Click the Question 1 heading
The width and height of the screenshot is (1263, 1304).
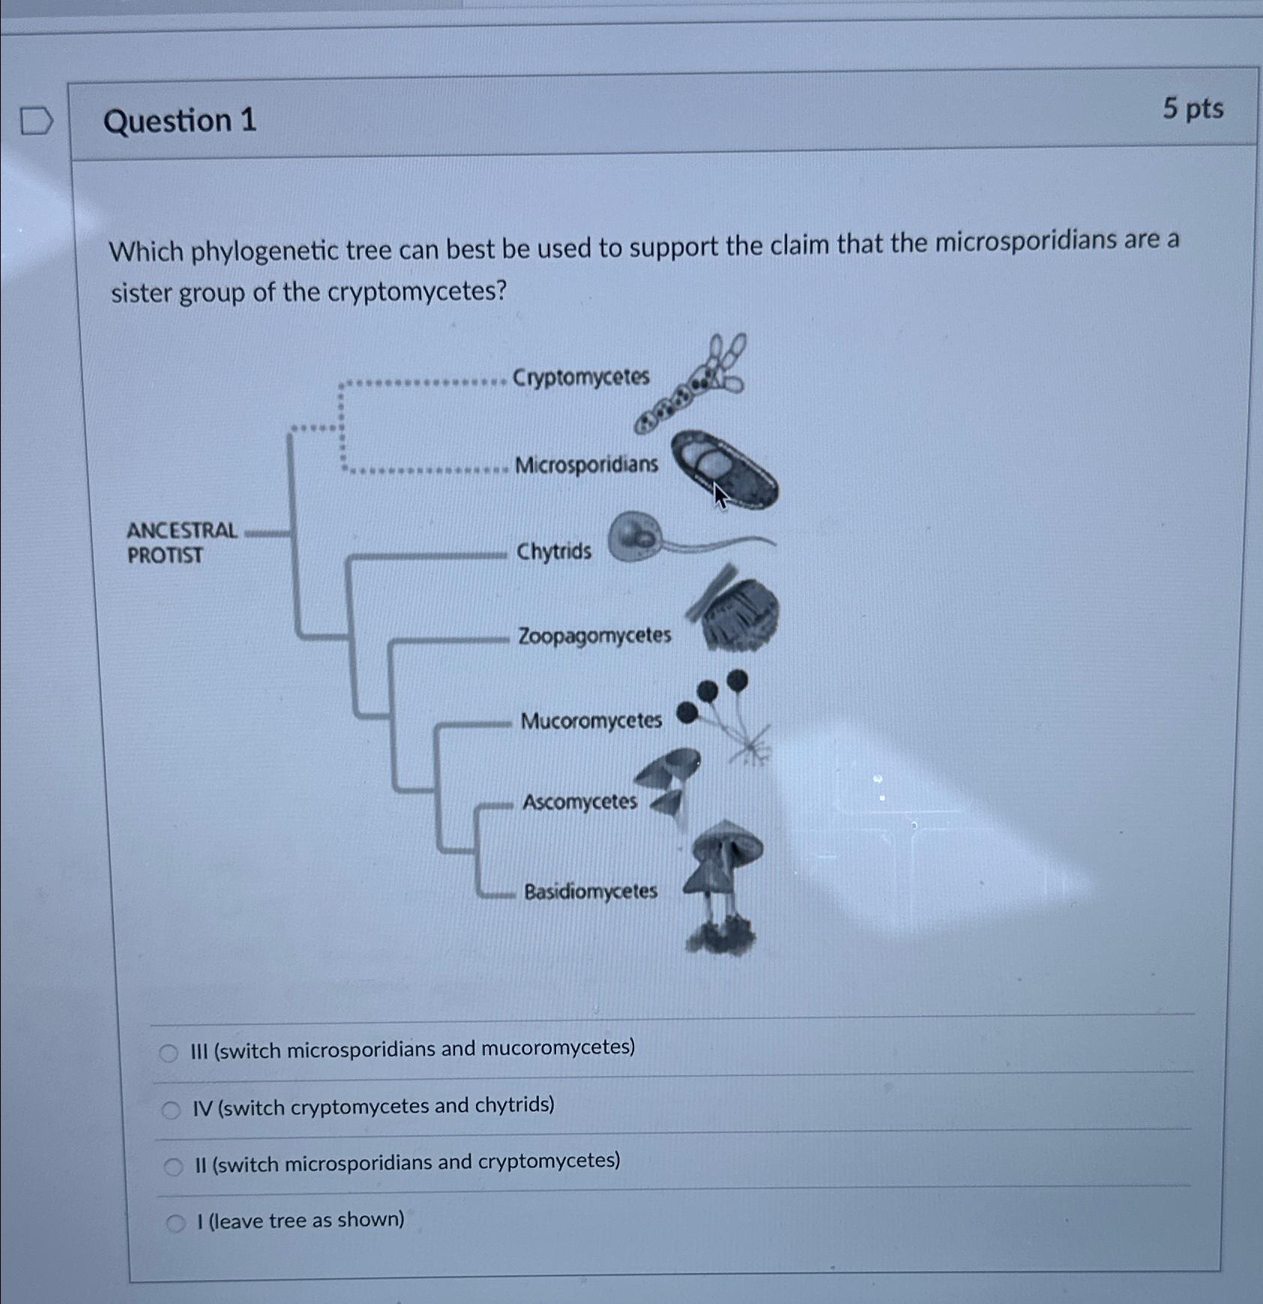[180, 121]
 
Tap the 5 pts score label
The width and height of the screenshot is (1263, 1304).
[1193, 109]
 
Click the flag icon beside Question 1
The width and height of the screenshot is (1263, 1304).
[36, 121]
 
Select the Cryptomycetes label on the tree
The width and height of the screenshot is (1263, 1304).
[581, 376]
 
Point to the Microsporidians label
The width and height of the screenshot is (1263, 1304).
[586, 465]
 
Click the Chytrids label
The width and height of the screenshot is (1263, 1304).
[553, 552]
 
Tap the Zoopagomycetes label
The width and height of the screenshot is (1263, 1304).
[594, 636]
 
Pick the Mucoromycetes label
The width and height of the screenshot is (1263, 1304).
[591, 721]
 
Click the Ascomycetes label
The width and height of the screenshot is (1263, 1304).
[579, 802]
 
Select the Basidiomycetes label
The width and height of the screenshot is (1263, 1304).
[591, 891]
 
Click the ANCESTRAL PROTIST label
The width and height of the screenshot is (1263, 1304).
[181, 542]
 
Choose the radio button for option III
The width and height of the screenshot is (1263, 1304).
[169, 1054]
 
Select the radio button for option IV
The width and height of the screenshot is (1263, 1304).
[171, 1110]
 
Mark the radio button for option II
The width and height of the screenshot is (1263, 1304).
[173, 1166]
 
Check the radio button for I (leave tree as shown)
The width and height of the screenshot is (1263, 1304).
[175, 1224]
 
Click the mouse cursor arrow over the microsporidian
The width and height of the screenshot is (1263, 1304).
[719, 495]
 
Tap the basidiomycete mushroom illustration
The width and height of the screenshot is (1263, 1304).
[723, 885]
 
